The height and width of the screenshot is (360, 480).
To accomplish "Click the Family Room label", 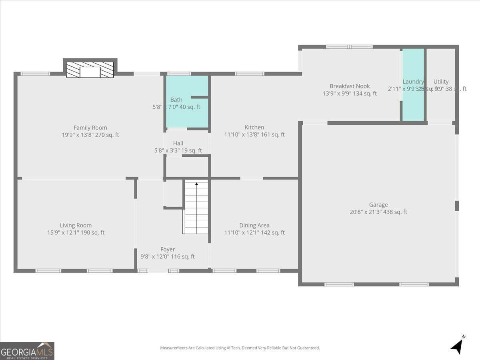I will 90,128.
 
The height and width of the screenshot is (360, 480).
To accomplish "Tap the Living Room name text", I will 76,226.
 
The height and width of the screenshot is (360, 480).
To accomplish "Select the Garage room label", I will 378,205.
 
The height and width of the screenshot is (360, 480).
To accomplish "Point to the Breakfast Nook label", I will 350,86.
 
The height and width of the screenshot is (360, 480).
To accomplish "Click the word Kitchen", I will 254,128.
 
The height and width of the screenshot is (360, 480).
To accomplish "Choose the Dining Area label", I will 254,226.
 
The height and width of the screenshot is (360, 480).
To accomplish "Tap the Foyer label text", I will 168,250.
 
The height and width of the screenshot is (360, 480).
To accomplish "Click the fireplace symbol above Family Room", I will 90,70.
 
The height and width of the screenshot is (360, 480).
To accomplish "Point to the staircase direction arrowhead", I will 196,184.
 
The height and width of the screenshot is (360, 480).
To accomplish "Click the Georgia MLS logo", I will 27,351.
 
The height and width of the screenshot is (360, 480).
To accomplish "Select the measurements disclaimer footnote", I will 240,348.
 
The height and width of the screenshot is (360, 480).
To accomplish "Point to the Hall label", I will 178,143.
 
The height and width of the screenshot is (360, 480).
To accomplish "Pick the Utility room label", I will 441,82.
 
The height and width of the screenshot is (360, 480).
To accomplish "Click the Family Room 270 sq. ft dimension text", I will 90,135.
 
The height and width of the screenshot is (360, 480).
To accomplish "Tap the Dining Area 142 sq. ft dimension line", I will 254,232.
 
